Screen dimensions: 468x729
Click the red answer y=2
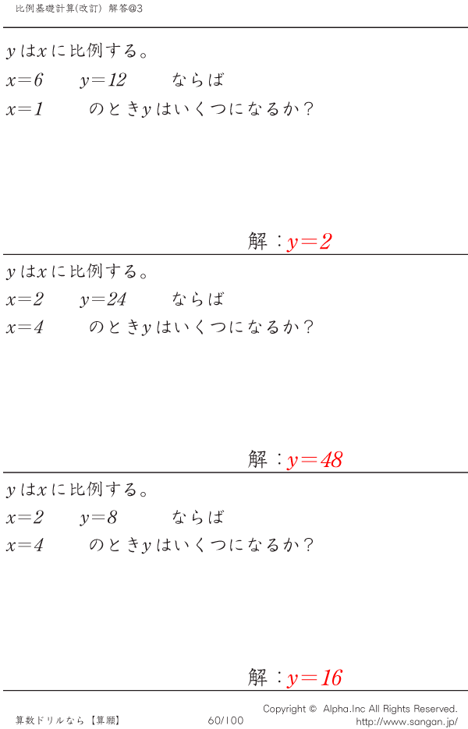310,242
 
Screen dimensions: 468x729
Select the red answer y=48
315,460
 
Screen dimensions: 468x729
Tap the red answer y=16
315,678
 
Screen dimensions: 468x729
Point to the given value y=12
103,80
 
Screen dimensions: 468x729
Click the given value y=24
103,299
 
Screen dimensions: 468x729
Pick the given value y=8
98,518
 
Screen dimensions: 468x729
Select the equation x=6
24,80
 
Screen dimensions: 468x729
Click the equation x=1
24,109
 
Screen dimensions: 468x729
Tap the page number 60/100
225,720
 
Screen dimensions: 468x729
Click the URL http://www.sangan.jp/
406,721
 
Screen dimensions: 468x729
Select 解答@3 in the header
126,9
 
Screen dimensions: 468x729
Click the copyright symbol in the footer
313,709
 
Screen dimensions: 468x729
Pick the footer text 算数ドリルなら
50,720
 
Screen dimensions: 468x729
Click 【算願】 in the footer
105,720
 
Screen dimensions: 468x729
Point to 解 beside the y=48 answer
257,460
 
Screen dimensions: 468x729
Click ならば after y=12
197,80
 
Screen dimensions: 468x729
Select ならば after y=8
197,517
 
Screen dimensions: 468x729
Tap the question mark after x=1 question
308,109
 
